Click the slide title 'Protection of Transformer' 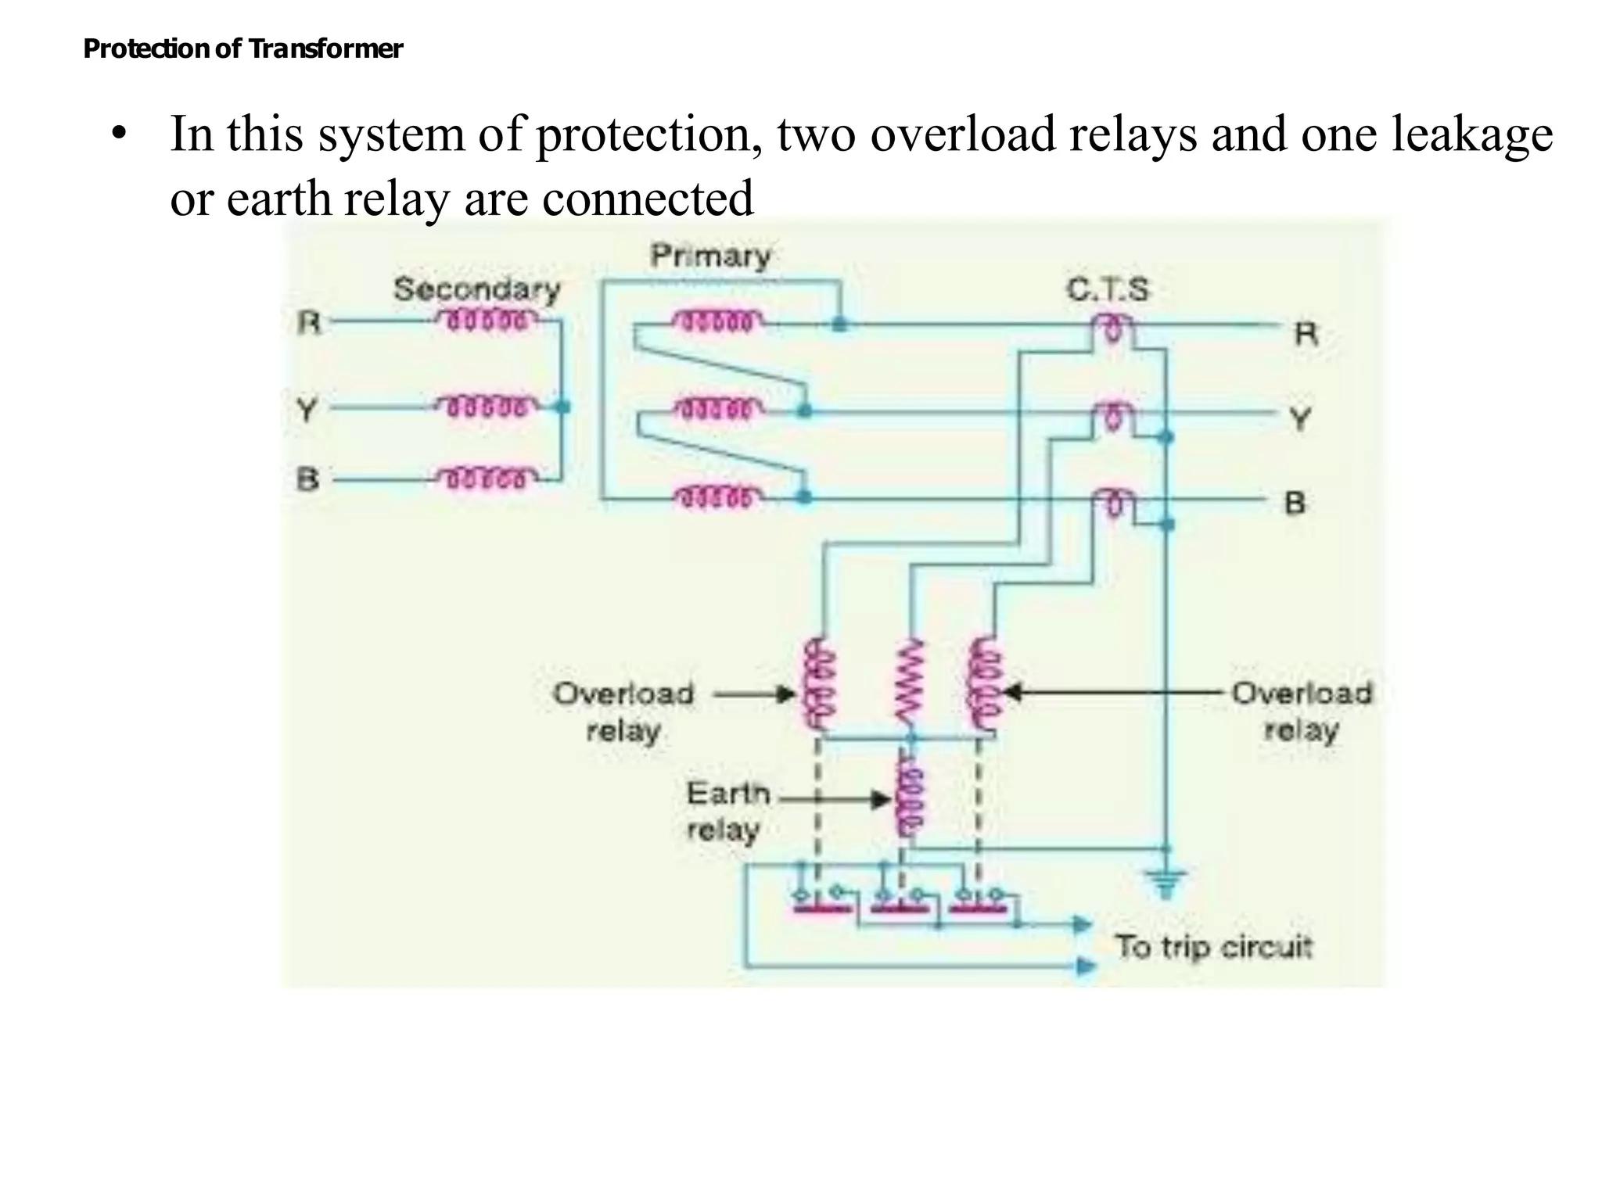tap(242, 49)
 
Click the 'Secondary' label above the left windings tap(476, 289)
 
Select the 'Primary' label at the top tap(710, 256)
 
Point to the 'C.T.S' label tap(1108, 290)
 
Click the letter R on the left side tap(309, 322)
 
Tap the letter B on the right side tap(1295, 503)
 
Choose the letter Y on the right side tap(1299, 419)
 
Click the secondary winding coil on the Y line tap(487, 407)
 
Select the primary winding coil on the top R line tap(717, 321)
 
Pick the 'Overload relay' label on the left tap(623, 712)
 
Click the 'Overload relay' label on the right tap(1302, 712)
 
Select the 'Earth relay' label tap(724, 812)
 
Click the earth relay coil tap(910, 799)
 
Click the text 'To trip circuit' tap(1212, 947)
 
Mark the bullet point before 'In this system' tap(118, 134)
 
